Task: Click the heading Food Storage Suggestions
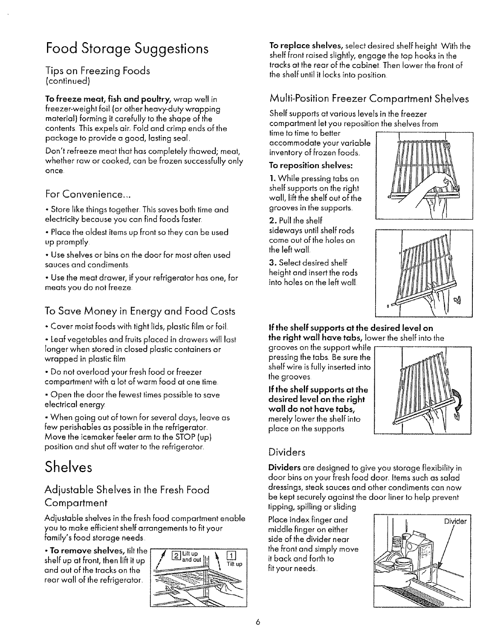pos(127,49)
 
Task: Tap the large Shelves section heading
pos(69,467)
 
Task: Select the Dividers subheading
pos(287,452)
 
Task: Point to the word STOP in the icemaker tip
pos(186,438)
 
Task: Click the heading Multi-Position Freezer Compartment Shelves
pos(369,98)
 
